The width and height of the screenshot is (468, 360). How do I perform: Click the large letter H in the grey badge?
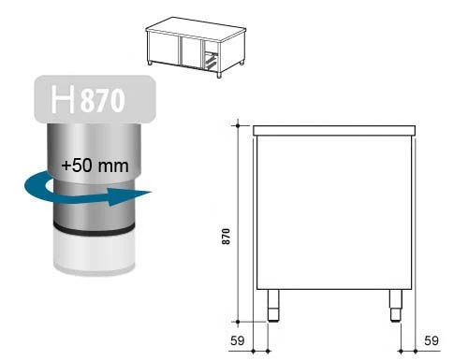coord(63,99)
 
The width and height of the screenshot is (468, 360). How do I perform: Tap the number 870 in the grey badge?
coord(103,100)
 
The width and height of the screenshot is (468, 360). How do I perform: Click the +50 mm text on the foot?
coord(95,166)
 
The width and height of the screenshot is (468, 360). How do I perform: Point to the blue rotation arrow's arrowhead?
coord(129,196)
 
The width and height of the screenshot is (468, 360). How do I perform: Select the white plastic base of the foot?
coord(95,252)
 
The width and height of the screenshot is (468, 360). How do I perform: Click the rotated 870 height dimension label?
coord(226,237)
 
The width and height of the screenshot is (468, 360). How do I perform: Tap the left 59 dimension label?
coord(237,340)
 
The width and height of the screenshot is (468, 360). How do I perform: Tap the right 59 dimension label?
coord(431,340)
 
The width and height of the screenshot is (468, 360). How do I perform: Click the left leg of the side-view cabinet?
coord(273,306)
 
